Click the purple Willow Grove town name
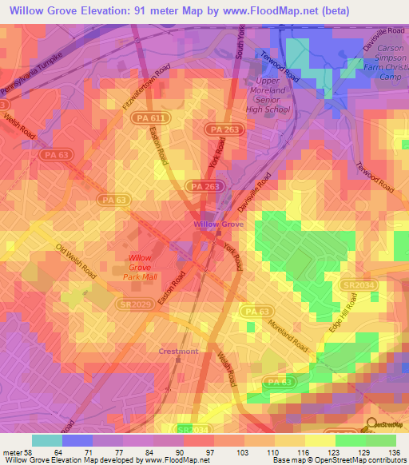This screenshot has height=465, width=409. tap(217, 225)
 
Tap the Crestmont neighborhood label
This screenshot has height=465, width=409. tap(177, 351)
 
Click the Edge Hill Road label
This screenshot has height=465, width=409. tap(343, 313)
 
